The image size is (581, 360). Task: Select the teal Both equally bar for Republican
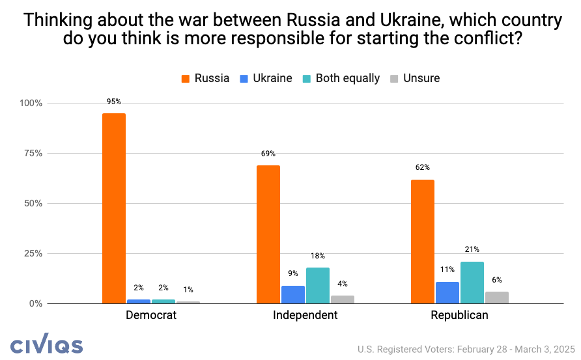tap(472, 283)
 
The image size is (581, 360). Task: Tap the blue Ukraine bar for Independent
tap(293, 294)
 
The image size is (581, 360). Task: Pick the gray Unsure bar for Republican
tap(496, 298)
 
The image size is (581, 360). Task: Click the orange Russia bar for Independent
tap(268, 234)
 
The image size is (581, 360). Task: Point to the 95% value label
tap(114, 102)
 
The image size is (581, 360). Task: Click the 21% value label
tap(472, 249)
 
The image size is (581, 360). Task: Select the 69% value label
tap(268, 154)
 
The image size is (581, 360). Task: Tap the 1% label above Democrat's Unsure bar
tap(188, 290)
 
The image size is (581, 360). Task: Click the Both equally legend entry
tap(341, 78)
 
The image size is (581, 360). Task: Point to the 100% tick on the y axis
tap(31, 104)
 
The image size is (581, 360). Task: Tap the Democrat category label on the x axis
tap(150, 316)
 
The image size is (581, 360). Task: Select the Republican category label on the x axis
tap(459, 316)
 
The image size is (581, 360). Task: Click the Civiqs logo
tap(46, 344)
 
